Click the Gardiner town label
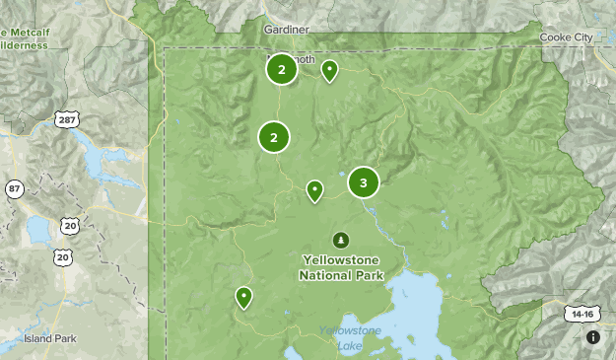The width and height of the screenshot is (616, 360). click(287, 30)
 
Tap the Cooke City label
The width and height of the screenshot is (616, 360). click(567, 37)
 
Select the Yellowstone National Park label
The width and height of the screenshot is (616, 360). click(339, 267)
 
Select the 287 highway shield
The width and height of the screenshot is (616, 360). click(67, 119)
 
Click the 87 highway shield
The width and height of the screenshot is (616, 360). click(14, 188)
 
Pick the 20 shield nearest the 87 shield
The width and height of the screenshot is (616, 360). click(69, 226)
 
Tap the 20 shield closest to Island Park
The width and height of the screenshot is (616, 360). click(63, 257)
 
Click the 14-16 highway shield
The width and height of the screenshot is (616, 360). click(582, 314)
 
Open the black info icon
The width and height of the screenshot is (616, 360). click(593, 337)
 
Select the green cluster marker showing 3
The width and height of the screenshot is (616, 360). click(364, 182)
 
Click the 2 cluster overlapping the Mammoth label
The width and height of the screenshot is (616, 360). click(282, 69)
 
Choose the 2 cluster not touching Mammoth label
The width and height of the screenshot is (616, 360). click(274, 138)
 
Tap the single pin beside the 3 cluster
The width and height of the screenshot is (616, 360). click(315, 189)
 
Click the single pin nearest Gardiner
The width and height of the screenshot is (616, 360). click(329, 69)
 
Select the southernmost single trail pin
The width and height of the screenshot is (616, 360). click(243, 296)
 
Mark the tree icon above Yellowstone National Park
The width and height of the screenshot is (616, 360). click(341, 240)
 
